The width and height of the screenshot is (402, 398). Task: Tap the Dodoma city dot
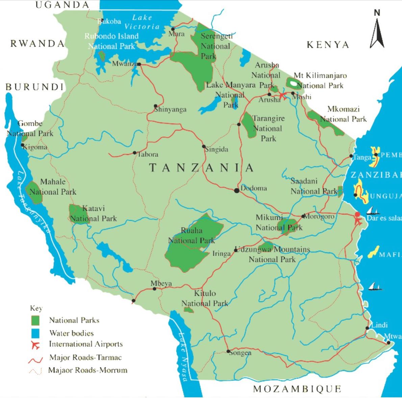pyautogui.click(x=237, y=191)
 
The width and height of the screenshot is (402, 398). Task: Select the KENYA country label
pyautogui.click(x=328, y=45)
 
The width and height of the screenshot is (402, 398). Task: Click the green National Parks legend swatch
pyautogui.click(x=35, y=320)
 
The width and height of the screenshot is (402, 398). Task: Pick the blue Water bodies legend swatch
pyautogui.click(x=35, y=333)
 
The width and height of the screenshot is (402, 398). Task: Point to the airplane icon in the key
pyautogui.click(x=35, y=345)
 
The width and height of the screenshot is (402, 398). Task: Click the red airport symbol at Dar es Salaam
pyautogui.click(x=358, y=219)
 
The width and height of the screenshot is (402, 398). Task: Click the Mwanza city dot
pyautogui.click(x=139, y=64)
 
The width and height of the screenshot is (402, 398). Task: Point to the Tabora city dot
pyautogui.click(x=135, y=153)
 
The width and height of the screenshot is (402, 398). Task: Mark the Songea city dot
pyautogui.click(x=228, y=351)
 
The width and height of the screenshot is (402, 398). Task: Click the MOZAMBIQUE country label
pyautogui.click(x=297, y=389)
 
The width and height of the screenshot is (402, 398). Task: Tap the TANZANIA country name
pyautogui.click(x=201, y=168)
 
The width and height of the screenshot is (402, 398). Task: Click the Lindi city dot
pyautogui.click(x=367, y=328)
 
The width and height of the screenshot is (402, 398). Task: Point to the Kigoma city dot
pyautogui.click(x=23, y=146)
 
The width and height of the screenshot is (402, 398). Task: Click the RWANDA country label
pyautogui.click(x=37, y=44)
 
